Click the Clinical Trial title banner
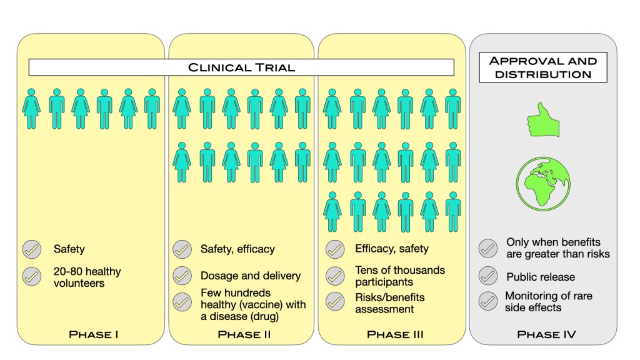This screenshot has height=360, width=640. [x=241, y=67]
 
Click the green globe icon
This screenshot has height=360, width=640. [x=543, y=182]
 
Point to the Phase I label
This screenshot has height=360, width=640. [x=94, y=334]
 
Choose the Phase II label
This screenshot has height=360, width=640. [x=244, y=334]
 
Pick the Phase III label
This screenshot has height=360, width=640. [x=395, y=334]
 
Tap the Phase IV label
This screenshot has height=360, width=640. [x=546, y=334]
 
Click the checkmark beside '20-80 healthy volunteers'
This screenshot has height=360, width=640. [x=31, y=276]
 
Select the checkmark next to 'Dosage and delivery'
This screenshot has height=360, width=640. [x=182, y=276]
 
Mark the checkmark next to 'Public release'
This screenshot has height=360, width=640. [x=487, y=276]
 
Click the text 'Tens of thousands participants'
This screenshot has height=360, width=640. [x=400, y=275]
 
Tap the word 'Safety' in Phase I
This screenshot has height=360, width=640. [x=69, y=249]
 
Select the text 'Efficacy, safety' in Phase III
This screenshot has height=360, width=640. [x=392, y=249]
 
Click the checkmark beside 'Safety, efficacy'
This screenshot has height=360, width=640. [x=182, y=249]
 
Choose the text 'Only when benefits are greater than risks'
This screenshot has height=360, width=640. [x=557, y=247]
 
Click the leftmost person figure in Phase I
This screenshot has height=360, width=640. [x=32, y=108]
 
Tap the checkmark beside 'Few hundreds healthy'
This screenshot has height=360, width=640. [x=182, y=302]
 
